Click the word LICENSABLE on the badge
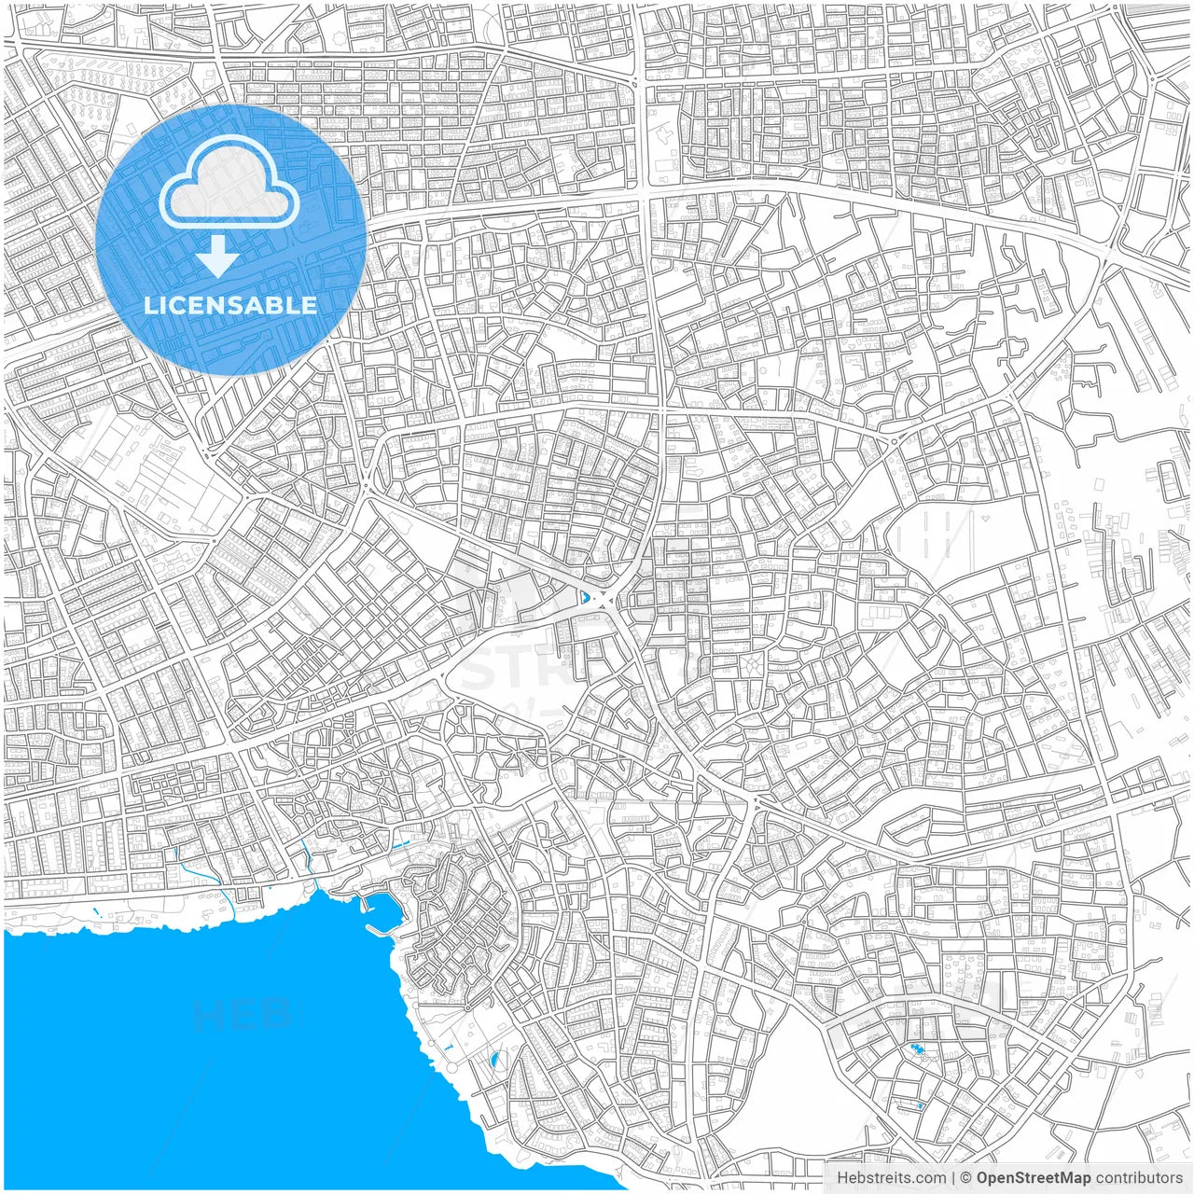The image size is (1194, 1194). [230, 305]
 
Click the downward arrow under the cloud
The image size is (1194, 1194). [218, 257]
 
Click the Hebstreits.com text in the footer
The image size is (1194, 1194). [891, 1178]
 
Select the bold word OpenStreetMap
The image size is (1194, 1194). [1033, 1178]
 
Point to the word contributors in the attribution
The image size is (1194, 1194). [1139, 1178]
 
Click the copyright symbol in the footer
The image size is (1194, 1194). [966, 1178]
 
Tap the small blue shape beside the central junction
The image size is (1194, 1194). [584, 597]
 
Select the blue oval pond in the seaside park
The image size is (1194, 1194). [493, 1060]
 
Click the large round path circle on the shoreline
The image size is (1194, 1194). [452, 1066]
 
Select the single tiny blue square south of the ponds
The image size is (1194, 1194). [920, 1106]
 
